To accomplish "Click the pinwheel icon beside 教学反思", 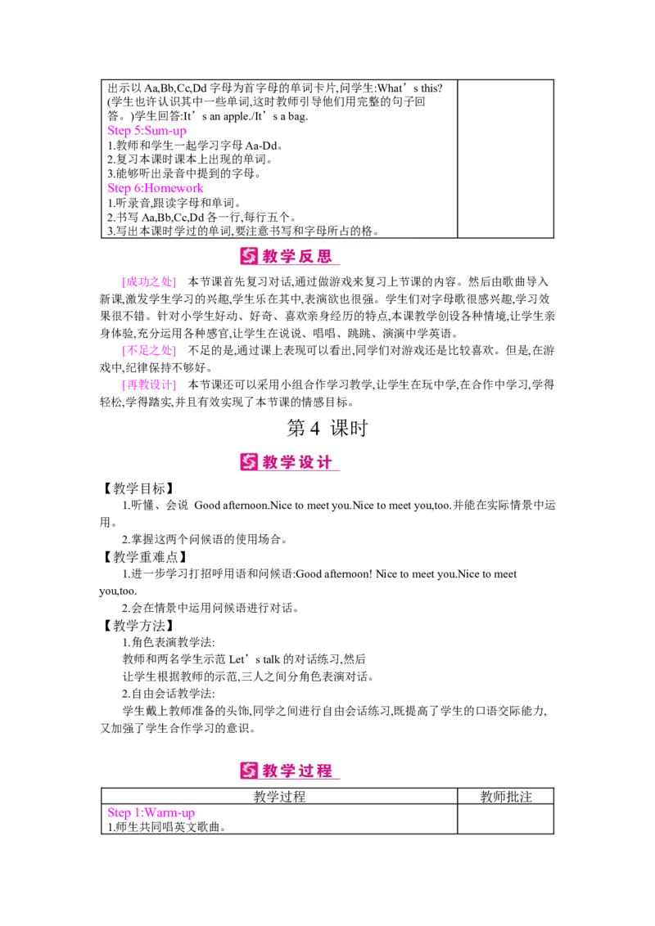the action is [249, 257].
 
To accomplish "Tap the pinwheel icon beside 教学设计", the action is [249, 462].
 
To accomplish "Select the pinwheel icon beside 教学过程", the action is [249, 771].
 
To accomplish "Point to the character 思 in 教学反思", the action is [325, 257].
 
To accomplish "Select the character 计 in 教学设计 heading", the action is [325, 462].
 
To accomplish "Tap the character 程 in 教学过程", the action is [325, 771].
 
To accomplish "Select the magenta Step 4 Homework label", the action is [156, 189].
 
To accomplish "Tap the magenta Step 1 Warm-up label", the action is [151, 813].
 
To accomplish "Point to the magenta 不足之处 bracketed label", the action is [148, 351].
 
